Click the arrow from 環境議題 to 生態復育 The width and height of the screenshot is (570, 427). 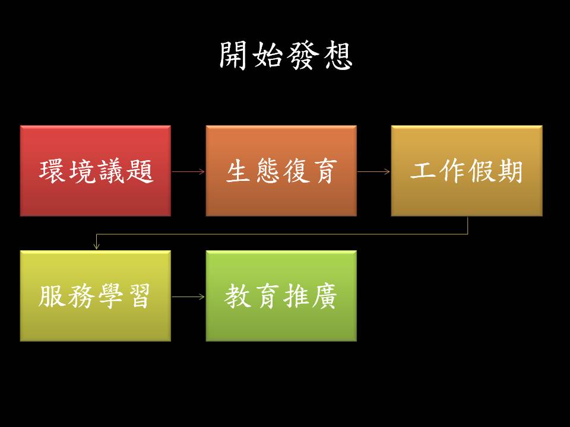pos(188,171)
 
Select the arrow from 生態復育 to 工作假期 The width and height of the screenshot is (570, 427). pos(373,171)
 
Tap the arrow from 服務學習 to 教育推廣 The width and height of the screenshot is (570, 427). pos(188,296)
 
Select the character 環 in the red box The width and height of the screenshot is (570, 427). pos(53,171)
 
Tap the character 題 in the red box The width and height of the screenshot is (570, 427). pos(140,171)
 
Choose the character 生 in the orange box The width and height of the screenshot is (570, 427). pos(239,171)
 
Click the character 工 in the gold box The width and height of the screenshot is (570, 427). pos(425,171)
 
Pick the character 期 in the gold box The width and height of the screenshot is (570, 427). pos(509,171)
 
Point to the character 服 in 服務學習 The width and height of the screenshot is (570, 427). pos(53,296)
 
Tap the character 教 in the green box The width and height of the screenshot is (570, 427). pos(239,296)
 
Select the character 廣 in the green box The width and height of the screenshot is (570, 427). pos(324,296)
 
